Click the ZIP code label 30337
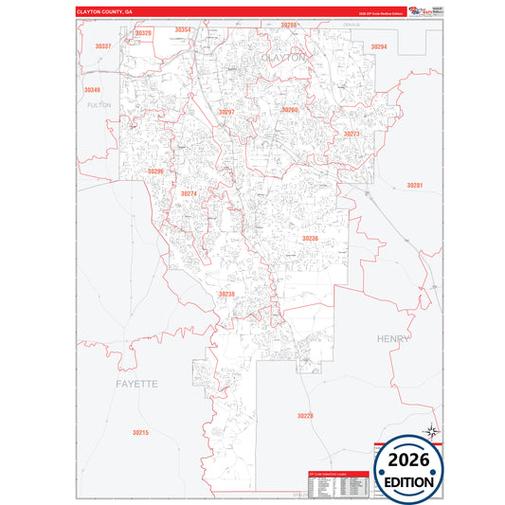click(x=103, y=46)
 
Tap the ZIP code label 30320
click(x=143, y=33)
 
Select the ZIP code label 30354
click(x=183, y=30)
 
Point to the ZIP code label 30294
click(x=379, y=46)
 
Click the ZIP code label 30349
click(x=91, y=90)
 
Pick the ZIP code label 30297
click(x=226, y=112)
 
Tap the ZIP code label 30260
click(x=290, y=110)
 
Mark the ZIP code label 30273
click(x=352, y=135)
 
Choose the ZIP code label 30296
click(x=156, y=171)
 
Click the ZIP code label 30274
click(x=189, y=194)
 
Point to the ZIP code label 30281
click(x=414, y=186)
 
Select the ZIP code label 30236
click(x=310, y=239)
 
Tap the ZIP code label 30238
click(x=226, y=294)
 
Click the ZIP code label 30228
click(x=304, y=416)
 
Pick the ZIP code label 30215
click(x=140, y=432)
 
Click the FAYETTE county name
click(x=136, y=384)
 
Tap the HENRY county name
click(x=393, y=338)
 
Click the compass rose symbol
click(x=432, y=432)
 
